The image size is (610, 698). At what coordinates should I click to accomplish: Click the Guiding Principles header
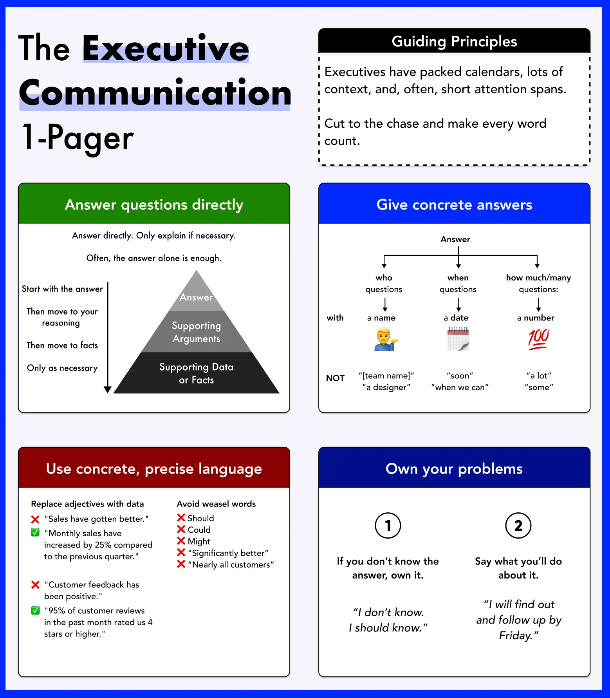pos(454,41)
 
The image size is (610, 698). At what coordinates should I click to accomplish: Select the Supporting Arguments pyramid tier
pos(196,332)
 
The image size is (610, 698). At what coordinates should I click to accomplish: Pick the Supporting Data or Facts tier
pos(196,373)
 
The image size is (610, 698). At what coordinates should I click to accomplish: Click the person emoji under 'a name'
pos(386,339)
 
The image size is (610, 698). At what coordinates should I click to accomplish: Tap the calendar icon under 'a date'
pos(458,339)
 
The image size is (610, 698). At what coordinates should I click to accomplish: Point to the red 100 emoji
pos(538,339)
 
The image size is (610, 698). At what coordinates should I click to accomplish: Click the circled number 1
pos(388,525)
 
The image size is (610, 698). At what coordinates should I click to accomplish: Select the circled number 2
pos(518,525)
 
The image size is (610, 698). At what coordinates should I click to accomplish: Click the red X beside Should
pos(181,518)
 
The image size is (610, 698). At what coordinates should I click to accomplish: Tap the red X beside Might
pos(181,541)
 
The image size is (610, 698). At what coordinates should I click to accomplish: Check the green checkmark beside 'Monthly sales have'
pos(35,532)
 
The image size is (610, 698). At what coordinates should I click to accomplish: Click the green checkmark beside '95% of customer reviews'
pos(35,610)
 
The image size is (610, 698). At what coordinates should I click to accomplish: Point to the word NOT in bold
pos(335,378)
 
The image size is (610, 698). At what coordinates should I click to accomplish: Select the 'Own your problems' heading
pos(454,468)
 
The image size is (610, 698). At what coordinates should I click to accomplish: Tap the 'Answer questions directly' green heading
pos(154,204)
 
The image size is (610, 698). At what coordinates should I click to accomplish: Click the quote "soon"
pos(460,376)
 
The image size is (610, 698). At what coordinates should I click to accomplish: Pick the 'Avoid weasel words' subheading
pos(216,504)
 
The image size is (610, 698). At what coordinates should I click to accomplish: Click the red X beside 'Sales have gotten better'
pos(35,519)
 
